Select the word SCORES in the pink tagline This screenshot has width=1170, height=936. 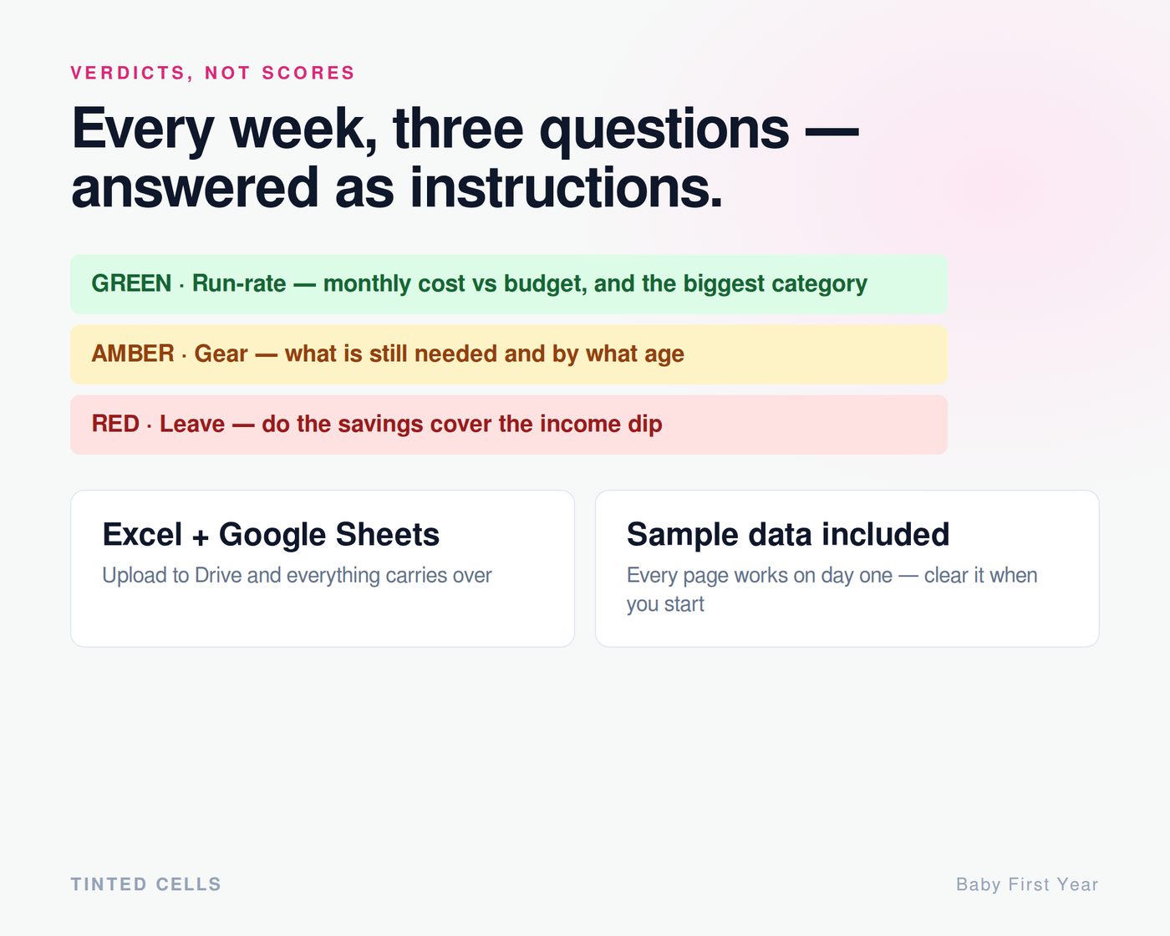[x=308, y=73]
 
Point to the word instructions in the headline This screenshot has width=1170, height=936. [x=566, y=188]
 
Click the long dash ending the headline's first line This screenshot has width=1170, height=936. [x=832, y=130]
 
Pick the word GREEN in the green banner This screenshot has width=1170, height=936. [x=131, y=283]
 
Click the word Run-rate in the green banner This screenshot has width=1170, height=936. [x=239, y=283]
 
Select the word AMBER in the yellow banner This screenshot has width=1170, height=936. [x=133, y=354]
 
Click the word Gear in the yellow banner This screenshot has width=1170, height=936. [x=221, y=354]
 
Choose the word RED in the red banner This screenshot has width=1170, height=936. [x=115, y=424]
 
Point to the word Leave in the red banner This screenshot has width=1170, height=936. [x=192, y=424]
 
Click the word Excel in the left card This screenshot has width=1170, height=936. [x=142, y=534]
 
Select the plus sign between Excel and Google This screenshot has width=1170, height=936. [x=200, y=537]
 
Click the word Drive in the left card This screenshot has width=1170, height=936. [x=218, y=575]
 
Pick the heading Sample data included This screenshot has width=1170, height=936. [x=788, y=534]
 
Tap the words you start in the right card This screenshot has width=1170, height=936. [x=665, y=604]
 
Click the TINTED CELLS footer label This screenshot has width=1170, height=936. [x=145, y=884]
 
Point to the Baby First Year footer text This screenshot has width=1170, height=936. [x=1027, y=884]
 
